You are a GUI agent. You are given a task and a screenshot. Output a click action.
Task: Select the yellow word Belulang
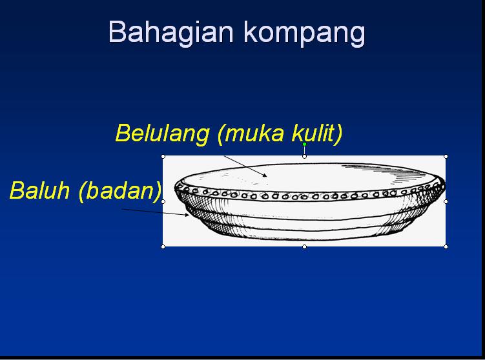click(162, 134)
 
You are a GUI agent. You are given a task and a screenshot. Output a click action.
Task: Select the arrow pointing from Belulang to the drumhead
click(244, 165)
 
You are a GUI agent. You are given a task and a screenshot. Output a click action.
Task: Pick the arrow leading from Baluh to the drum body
click(155, 212)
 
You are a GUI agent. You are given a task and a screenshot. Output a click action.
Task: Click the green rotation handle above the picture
click(304, 145)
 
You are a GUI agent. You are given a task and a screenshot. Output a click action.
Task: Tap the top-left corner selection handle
click(163, 156)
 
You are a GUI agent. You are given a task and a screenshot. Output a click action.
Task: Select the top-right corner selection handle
click(446, 156)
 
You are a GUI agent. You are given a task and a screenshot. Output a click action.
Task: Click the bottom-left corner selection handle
click(163, 246)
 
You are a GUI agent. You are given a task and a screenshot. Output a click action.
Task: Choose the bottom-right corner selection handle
click(446, 246)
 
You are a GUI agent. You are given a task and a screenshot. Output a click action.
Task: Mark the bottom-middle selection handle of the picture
click(304, 246)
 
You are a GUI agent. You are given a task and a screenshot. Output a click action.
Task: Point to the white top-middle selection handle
click(304, 156)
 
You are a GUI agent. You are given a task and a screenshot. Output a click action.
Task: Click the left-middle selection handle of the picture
click(163, 201)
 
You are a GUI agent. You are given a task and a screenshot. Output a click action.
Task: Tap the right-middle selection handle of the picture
click(446, 201)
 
